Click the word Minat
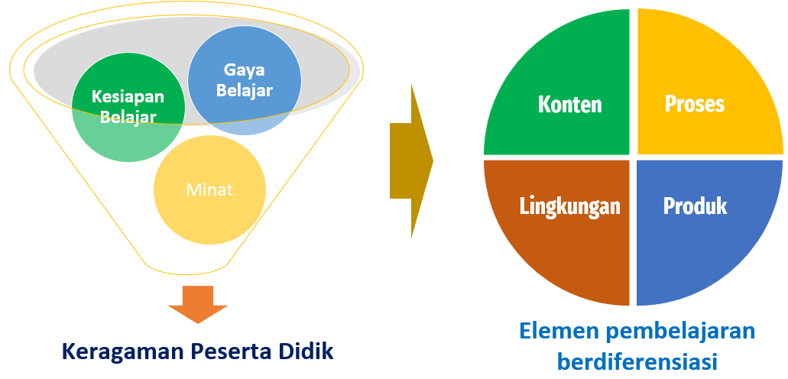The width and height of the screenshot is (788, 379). [209, 189]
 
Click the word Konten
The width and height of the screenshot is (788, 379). [569, 104]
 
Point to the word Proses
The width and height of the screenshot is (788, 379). [694, 104]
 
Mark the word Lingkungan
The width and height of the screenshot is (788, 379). [569, 206]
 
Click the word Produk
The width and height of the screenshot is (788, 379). [695, 206]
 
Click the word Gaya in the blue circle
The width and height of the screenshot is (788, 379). [244, 70]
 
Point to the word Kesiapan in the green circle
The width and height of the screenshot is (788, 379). [128, 97]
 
